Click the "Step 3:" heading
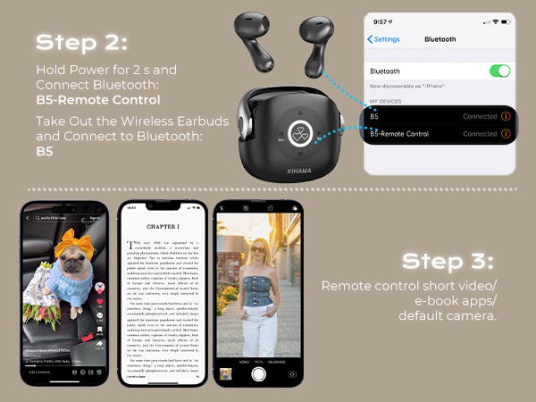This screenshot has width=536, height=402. click(x=448, y=261)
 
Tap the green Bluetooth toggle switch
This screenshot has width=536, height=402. click(x=499, y=71)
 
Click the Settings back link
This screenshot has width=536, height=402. click(x=384, y=39)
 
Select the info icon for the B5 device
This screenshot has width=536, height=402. click(x=506, y=116)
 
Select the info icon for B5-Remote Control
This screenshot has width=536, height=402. click(x=506, y=134)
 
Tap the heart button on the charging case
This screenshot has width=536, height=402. click(x=304, y=131)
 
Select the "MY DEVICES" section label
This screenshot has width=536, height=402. click(x=387, y=101)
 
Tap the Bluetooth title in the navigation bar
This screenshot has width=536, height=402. click(x=440, y=39)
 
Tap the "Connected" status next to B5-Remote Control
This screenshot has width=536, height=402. click(x=480, y=134)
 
